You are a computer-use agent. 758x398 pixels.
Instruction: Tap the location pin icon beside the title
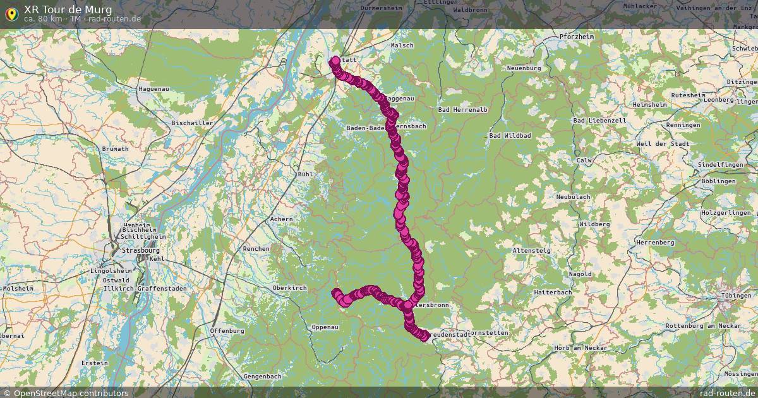[x=11, y=13]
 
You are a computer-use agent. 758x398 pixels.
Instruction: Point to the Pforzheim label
[x=577, y=37]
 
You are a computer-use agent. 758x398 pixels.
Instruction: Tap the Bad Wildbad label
[x=510, y=136]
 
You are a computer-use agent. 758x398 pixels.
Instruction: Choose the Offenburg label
[x=227, y=330]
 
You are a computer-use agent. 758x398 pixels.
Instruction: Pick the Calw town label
[x=584, y=160]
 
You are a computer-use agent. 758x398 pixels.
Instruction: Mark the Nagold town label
[x=581, y=274]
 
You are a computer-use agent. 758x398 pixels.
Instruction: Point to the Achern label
[x=281, y=219]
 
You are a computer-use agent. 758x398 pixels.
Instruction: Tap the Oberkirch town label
[x=289, y=288]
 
